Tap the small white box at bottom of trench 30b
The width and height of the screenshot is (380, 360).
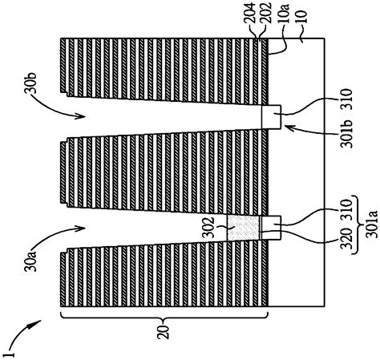point(271,117)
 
